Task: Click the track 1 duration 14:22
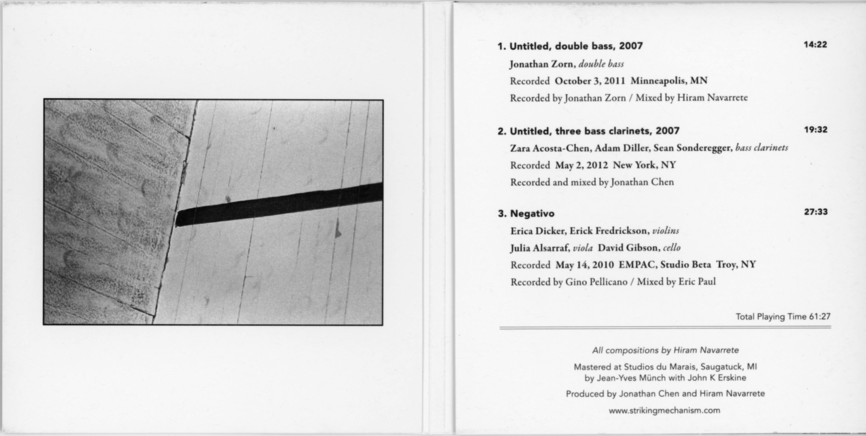pos(815,45)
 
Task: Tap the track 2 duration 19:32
pos(815,129)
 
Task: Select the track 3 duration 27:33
pos(816,212)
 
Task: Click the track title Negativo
pos(532,213)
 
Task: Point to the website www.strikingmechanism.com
pos(664,410)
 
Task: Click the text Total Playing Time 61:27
pos(783,317)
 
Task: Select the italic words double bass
pos(601,64)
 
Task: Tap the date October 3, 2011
pos(590,81)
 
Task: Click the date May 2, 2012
pos(581,165)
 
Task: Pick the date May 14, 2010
pos(585,265)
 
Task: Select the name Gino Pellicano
pos(596,282)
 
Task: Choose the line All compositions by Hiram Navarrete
pos(665,350)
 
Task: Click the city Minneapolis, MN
pos(669,81)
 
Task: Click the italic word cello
pos(672,248)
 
